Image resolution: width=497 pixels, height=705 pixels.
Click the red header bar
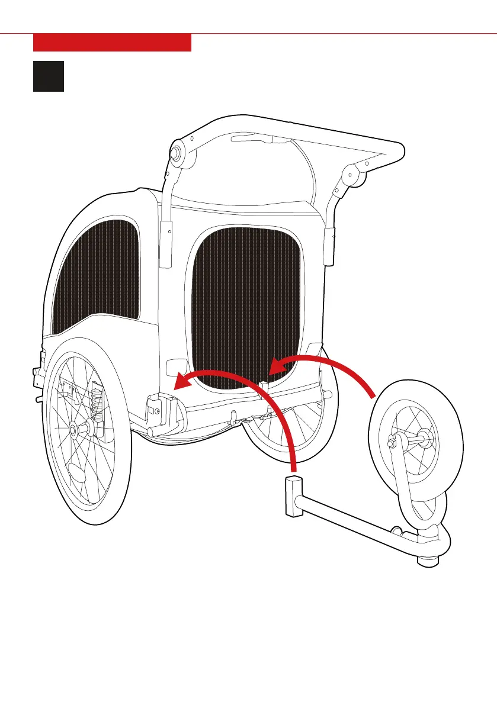coord(112,43)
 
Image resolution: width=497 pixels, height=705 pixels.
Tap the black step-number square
coord(49,76)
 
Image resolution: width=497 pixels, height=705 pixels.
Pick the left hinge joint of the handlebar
coord(177,152)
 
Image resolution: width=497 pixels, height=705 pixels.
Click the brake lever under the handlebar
coord(252,139)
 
